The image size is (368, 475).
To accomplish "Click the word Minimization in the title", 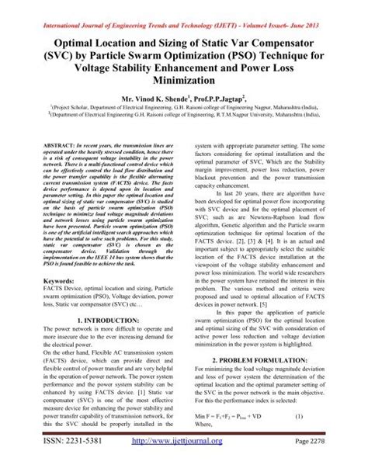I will click(x=183, y=80).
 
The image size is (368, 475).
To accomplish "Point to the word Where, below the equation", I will click(x=206, y=425).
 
